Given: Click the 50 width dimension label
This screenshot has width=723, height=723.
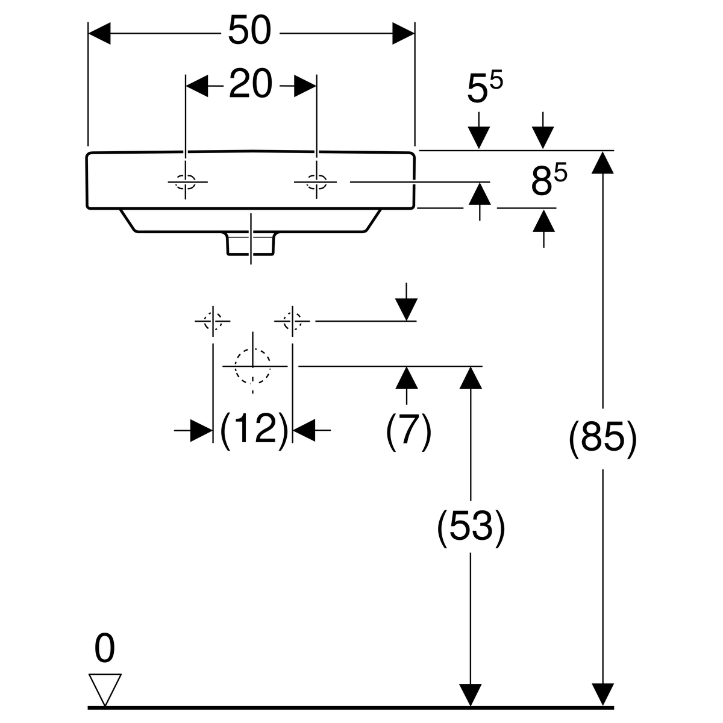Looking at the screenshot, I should point(250,31).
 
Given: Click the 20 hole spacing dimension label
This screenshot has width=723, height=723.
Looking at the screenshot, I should point(250,85).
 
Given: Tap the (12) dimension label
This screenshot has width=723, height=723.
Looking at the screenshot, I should point(252,430).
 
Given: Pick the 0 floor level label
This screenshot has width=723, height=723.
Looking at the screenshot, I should point(104,649).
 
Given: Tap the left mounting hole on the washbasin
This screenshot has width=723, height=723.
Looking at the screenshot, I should point(186,181).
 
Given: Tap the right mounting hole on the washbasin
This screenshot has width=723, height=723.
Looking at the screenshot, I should point(316,181).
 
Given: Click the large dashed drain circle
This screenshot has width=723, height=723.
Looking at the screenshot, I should point(253,366).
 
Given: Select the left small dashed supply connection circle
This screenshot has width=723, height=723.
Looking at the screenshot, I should point(213,321).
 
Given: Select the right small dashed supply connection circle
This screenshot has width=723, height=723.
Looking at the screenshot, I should point(293,321).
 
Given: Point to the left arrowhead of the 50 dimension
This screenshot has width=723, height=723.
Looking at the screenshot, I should point(99,33).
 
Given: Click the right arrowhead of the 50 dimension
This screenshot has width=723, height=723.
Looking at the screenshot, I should point(404,33).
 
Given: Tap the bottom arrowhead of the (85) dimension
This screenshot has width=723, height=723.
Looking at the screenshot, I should point(602,695).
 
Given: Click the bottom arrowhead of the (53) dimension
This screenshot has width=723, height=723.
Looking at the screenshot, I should point(471,695).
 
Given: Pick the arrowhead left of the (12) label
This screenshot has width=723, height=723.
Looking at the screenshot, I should point(201,430).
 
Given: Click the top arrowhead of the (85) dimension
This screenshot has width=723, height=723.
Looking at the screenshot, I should point(602,161).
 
